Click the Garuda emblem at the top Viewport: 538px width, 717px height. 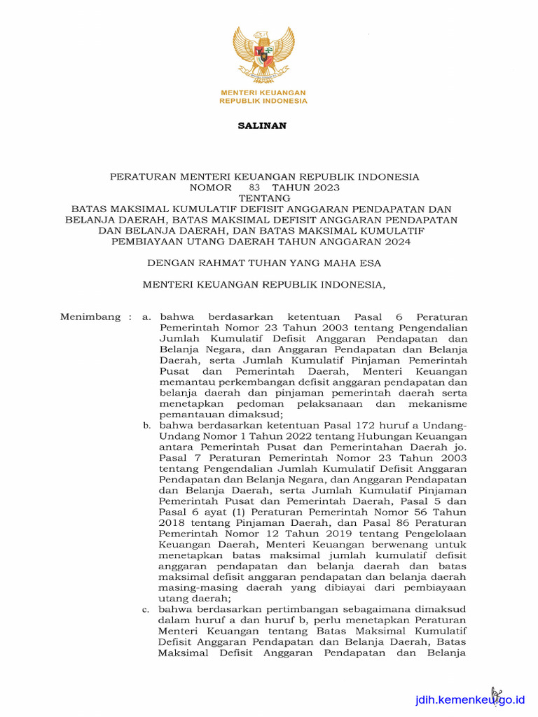pyautogui.click(x=263, y=55)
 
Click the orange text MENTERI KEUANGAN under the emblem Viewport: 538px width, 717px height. pyautogui.click(x=263, y=93)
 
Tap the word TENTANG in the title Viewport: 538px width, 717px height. pyautogui.click(x=264, y=198)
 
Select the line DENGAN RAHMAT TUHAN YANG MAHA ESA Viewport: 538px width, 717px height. pyautogui.click(x=264, y=263)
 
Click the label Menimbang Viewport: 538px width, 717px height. pyautogui.click(x=91, y=316)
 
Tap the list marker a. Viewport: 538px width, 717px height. pyautogui.click(x=146, y=316)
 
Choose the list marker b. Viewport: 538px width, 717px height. pyautogui.click(x=146, y=425)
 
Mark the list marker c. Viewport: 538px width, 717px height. pyautogui.click(x=146, y=610)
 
